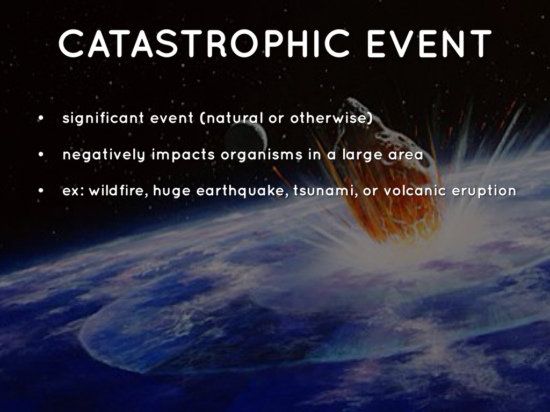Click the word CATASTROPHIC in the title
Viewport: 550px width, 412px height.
point(205,43)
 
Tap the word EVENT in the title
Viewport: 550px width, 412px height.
point(429,43)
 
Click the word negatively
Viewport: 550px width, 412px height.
point(104,155)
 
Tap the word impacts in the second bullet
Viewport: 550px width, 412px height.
point(183,155)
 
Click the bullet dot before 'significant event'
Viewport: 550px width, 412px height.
point(41,119)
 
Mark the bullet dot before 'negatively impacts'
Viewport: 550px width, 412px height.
point(41,155)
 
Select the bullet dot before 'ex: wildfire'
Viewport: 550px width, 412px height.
point(41,192)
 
